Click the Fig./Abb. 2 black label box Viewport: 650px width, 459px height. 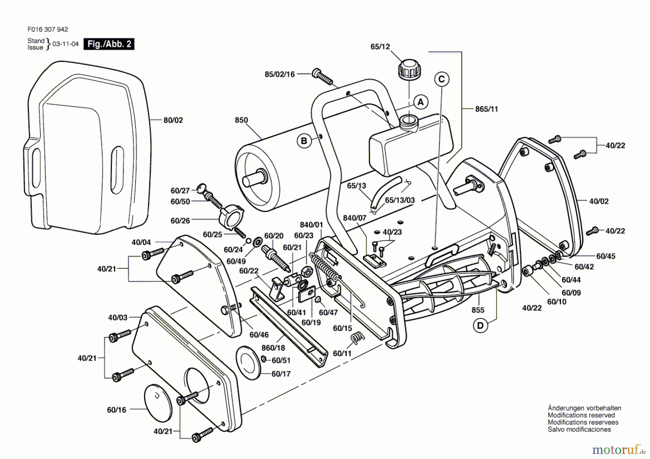[x=109, y=44]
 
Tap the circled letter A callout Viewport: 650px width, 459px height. [x=420, y=102]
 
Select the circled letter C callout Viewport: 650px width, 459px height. [x=442, y=79]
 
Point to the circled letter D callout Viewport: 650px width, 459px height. [x=480, y=326]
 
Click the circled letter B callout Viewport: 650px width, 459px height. [x=304, y=141]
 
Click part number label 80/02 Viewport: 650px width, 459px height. [x=173, y=120]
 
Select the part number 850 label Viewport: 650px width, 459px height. [x=241, y=120]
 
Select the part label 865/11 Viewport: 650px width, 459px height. [x=486, y=109]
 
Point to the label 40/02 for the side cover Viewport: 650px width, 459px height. [x=599, y=201]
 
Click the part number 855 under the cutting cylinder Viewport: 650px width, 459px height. [x=477, y=310]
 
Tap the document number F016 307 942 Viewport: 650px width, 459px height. [x=47, y=29]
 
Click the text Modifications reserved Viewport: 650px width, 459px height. [x=581, y=415]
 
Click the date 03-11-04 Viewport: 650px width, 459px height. [x=65, y=44]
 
